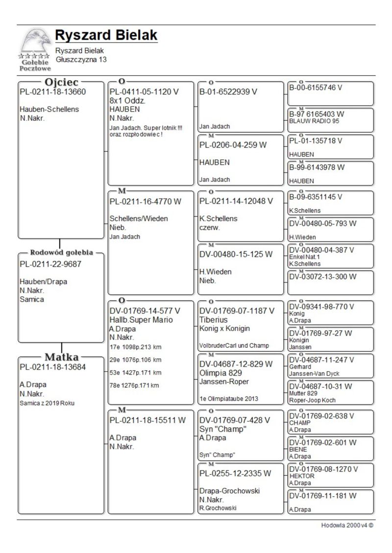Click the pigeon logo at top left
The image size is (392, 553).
pos(35,48)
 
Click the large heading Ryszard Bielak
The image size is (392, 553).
pos(106,36)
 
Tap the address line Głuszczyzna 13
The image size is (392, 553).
pos(81,60)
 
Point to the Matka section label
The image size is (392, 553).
pos(62,356)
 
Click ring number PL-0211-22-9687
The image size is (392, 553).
pos(50,265)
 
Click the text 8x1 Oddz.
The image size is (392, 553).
pos(126,101)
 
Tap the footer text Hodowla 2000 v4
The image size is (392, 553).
pos(347,526)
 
